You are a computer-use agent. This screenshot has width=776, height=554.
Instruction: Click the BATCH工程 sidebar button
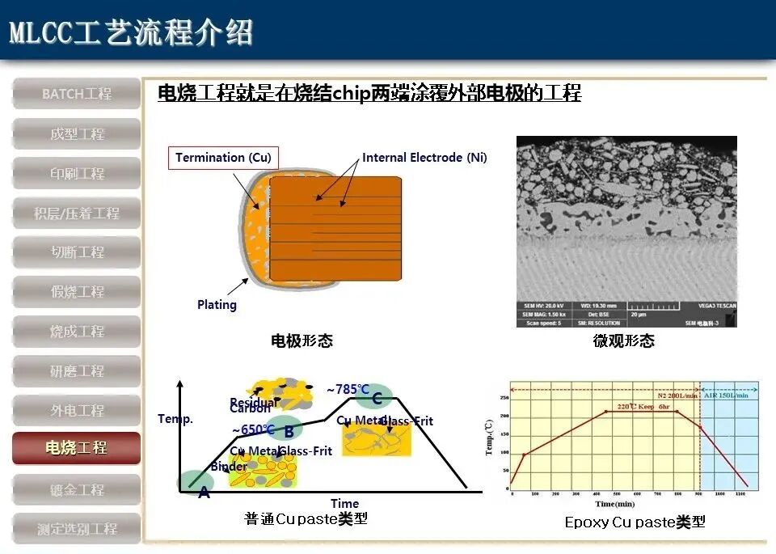point(77,94)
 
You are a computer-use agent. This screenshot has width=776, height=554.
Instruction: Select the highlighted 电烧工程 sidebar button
point(77,448)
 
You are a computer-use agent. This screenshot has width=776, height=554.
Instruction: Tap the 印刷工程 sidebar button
point(77,173)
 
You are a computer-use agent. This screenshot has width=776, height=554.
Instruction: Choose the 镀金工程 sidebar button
point(77,490)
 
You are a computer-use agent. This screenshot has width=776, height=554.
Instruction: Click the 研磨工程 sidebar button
point(77,371)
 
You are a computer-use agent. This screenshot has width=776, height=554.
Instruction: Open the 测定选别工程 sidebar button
point(77,529)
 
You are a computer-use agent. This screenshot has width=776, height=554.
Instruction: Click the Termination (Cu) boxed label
point(223,158)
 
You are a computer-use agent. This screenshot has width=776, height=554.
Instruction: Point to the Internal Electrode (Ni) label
point(424,158)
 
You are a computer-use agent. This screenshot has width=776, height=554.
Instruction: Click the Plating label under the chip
point(217,305)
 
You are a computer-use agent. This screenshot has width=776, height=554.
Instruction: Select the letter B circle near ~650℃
point(288,429)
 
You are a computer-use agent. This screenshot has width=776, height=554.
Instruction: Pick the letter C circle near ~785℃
point(376,397)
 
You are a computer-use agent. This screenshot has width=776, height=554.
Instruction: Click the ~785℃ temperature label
point(347,389)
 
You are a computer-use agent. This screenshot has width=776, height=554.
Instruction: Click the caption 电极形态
point(301,341)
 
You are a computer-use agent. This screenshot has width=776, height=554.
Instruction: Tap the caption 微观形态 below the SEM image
point(623,341)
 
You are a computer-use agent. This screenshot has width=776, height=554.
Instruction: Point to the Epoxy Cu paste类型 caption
point(635,522)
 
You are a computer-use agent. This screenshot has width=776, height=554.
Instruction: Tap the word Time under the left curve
point(344,503)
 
